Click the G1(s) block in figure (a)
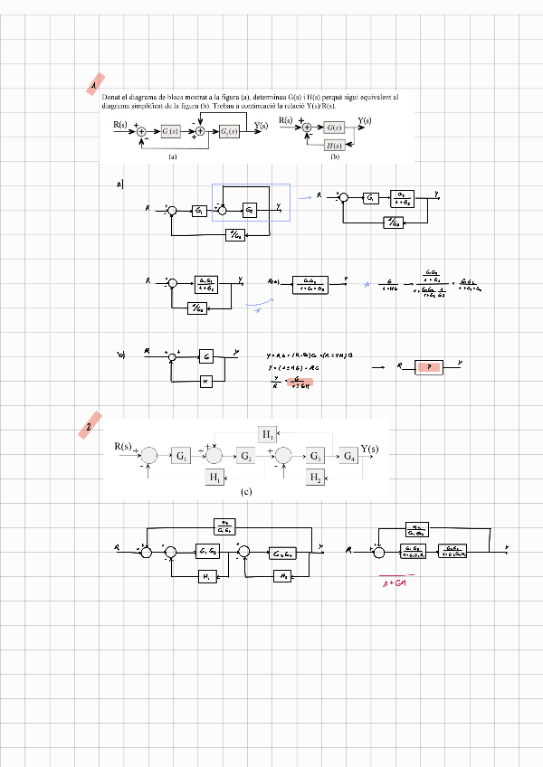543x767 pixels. [172, 132]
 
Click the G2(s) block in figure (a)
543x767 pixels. [229, 132]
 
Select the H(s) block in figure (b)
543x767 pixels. [334, 145]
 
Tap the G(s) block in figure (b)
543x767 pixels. [334, 128]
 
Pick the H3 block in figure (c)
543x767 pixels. [269, 435]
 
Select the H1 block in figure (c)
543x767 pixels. [214, 477]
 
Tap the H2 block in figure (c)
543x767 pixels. [316, 477]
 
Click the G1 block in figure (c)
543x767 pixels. [182, 455]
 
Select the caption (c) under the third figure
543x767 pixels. [246, 492]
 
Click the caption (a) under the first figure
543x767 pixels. [172, 156]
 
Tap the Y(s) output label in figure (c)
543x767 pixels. [369, 449]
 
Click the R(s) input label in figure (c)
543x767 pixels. [123, 447]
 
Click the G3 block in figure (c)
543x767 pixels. [316, 455]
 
